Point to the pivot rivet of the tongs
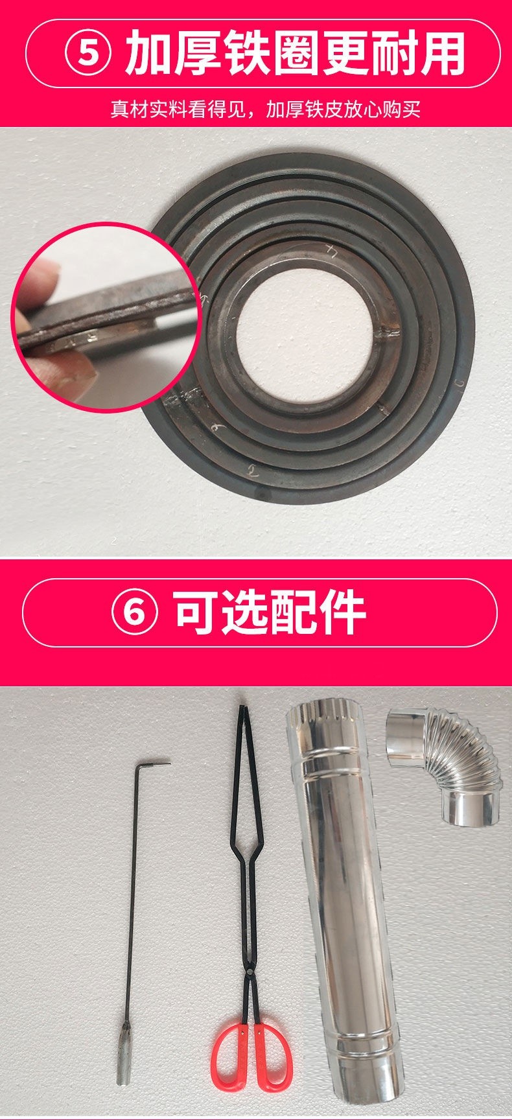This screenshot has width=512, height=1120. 248,937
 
